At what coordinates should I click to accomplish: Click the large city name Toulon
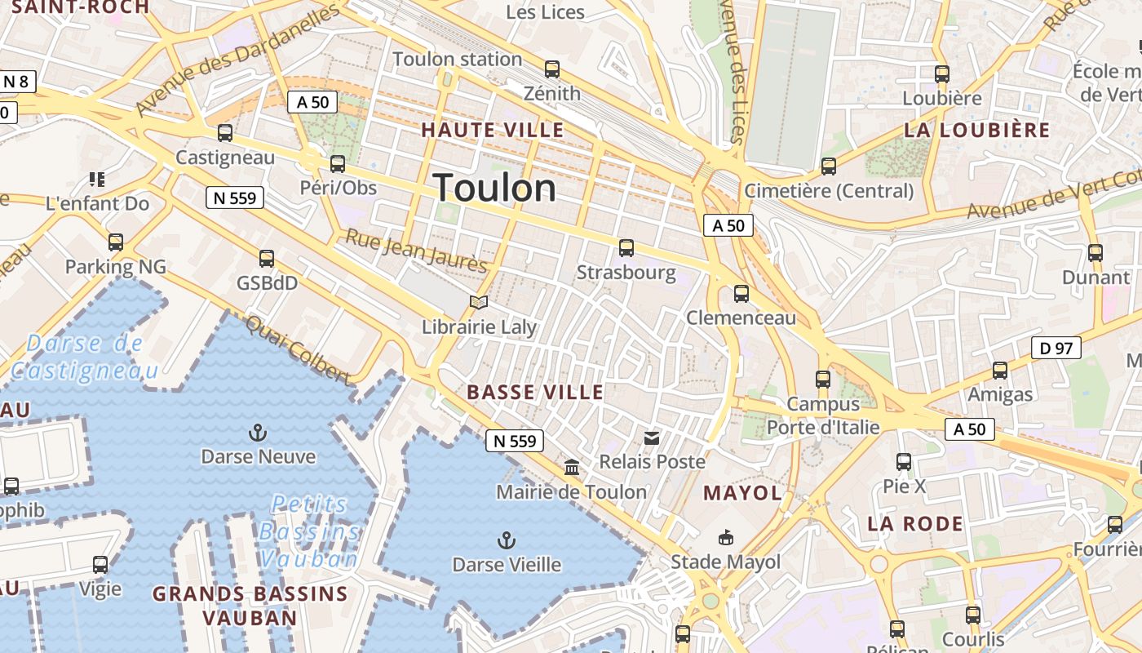pyautogui.click(x=494, y=189)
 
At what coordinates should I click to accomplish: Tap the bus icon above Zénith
pyautogui.click(x=552, y=69)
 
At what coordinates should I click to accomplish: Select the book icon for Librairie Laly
pyautogui.click(x=479, y=303)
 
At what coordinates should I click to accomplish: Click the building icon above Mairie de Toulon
pyautogui.click(x=572, y=468)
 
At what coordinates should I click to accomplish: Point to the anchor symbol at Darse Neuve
pyautogui.click(x=258, y=432)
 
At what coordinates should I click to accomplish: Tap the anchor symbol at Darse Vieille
pyautogui.click(x=507, y=540)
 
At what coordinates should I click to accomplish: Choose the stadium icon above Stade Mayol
pyautogui.click(x=725, y=537)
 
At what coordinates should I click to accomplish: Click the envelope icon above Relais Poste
pyautogui.click(x=652, y=438)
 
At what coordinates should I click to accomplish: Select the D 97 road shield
pyautogui.click(x=1056, y=349)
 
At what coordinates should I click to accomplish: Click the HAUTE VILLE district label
pyautogui.click(x=492, y=130)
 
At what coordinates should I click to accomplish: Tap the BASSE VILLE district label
pyautogui.click(x=535, y=392)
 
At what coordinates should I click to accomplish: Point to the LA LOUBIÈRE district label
pyautogui.click(x=976, y=130)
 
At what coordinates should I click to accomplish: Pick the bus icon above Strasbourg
pyautogui.click(x=626, y=247)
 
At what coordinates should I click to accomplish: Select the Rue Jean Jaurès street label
pyautogui.click(x=416, y=251)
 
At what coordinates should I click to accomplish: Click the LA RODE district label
pyautogui.click(x=914, y=523)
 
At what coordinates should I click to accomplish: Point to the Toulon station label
pyautogui.click(x=457, y=59)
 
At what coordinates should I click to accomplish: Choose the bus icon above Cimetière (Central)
pyautogui.click(x=829, y=167)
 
